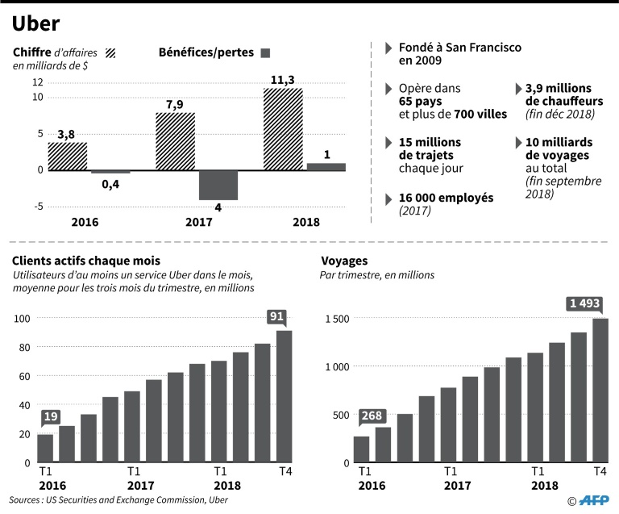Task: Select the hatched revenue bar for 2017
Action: [x=175, y=141]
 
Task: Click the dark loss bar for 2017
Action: [x=218, y=185]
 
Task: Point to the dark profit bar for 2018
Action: [x=326, y=166]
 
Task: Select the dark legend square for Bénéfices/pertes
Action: [x=264, y=53]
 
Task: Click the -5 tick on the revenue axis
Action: [x=37, y=207]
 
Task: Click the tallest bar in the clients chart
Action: [x=284, y=396]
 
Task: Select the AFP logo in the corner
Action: [x=593, y=501]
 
